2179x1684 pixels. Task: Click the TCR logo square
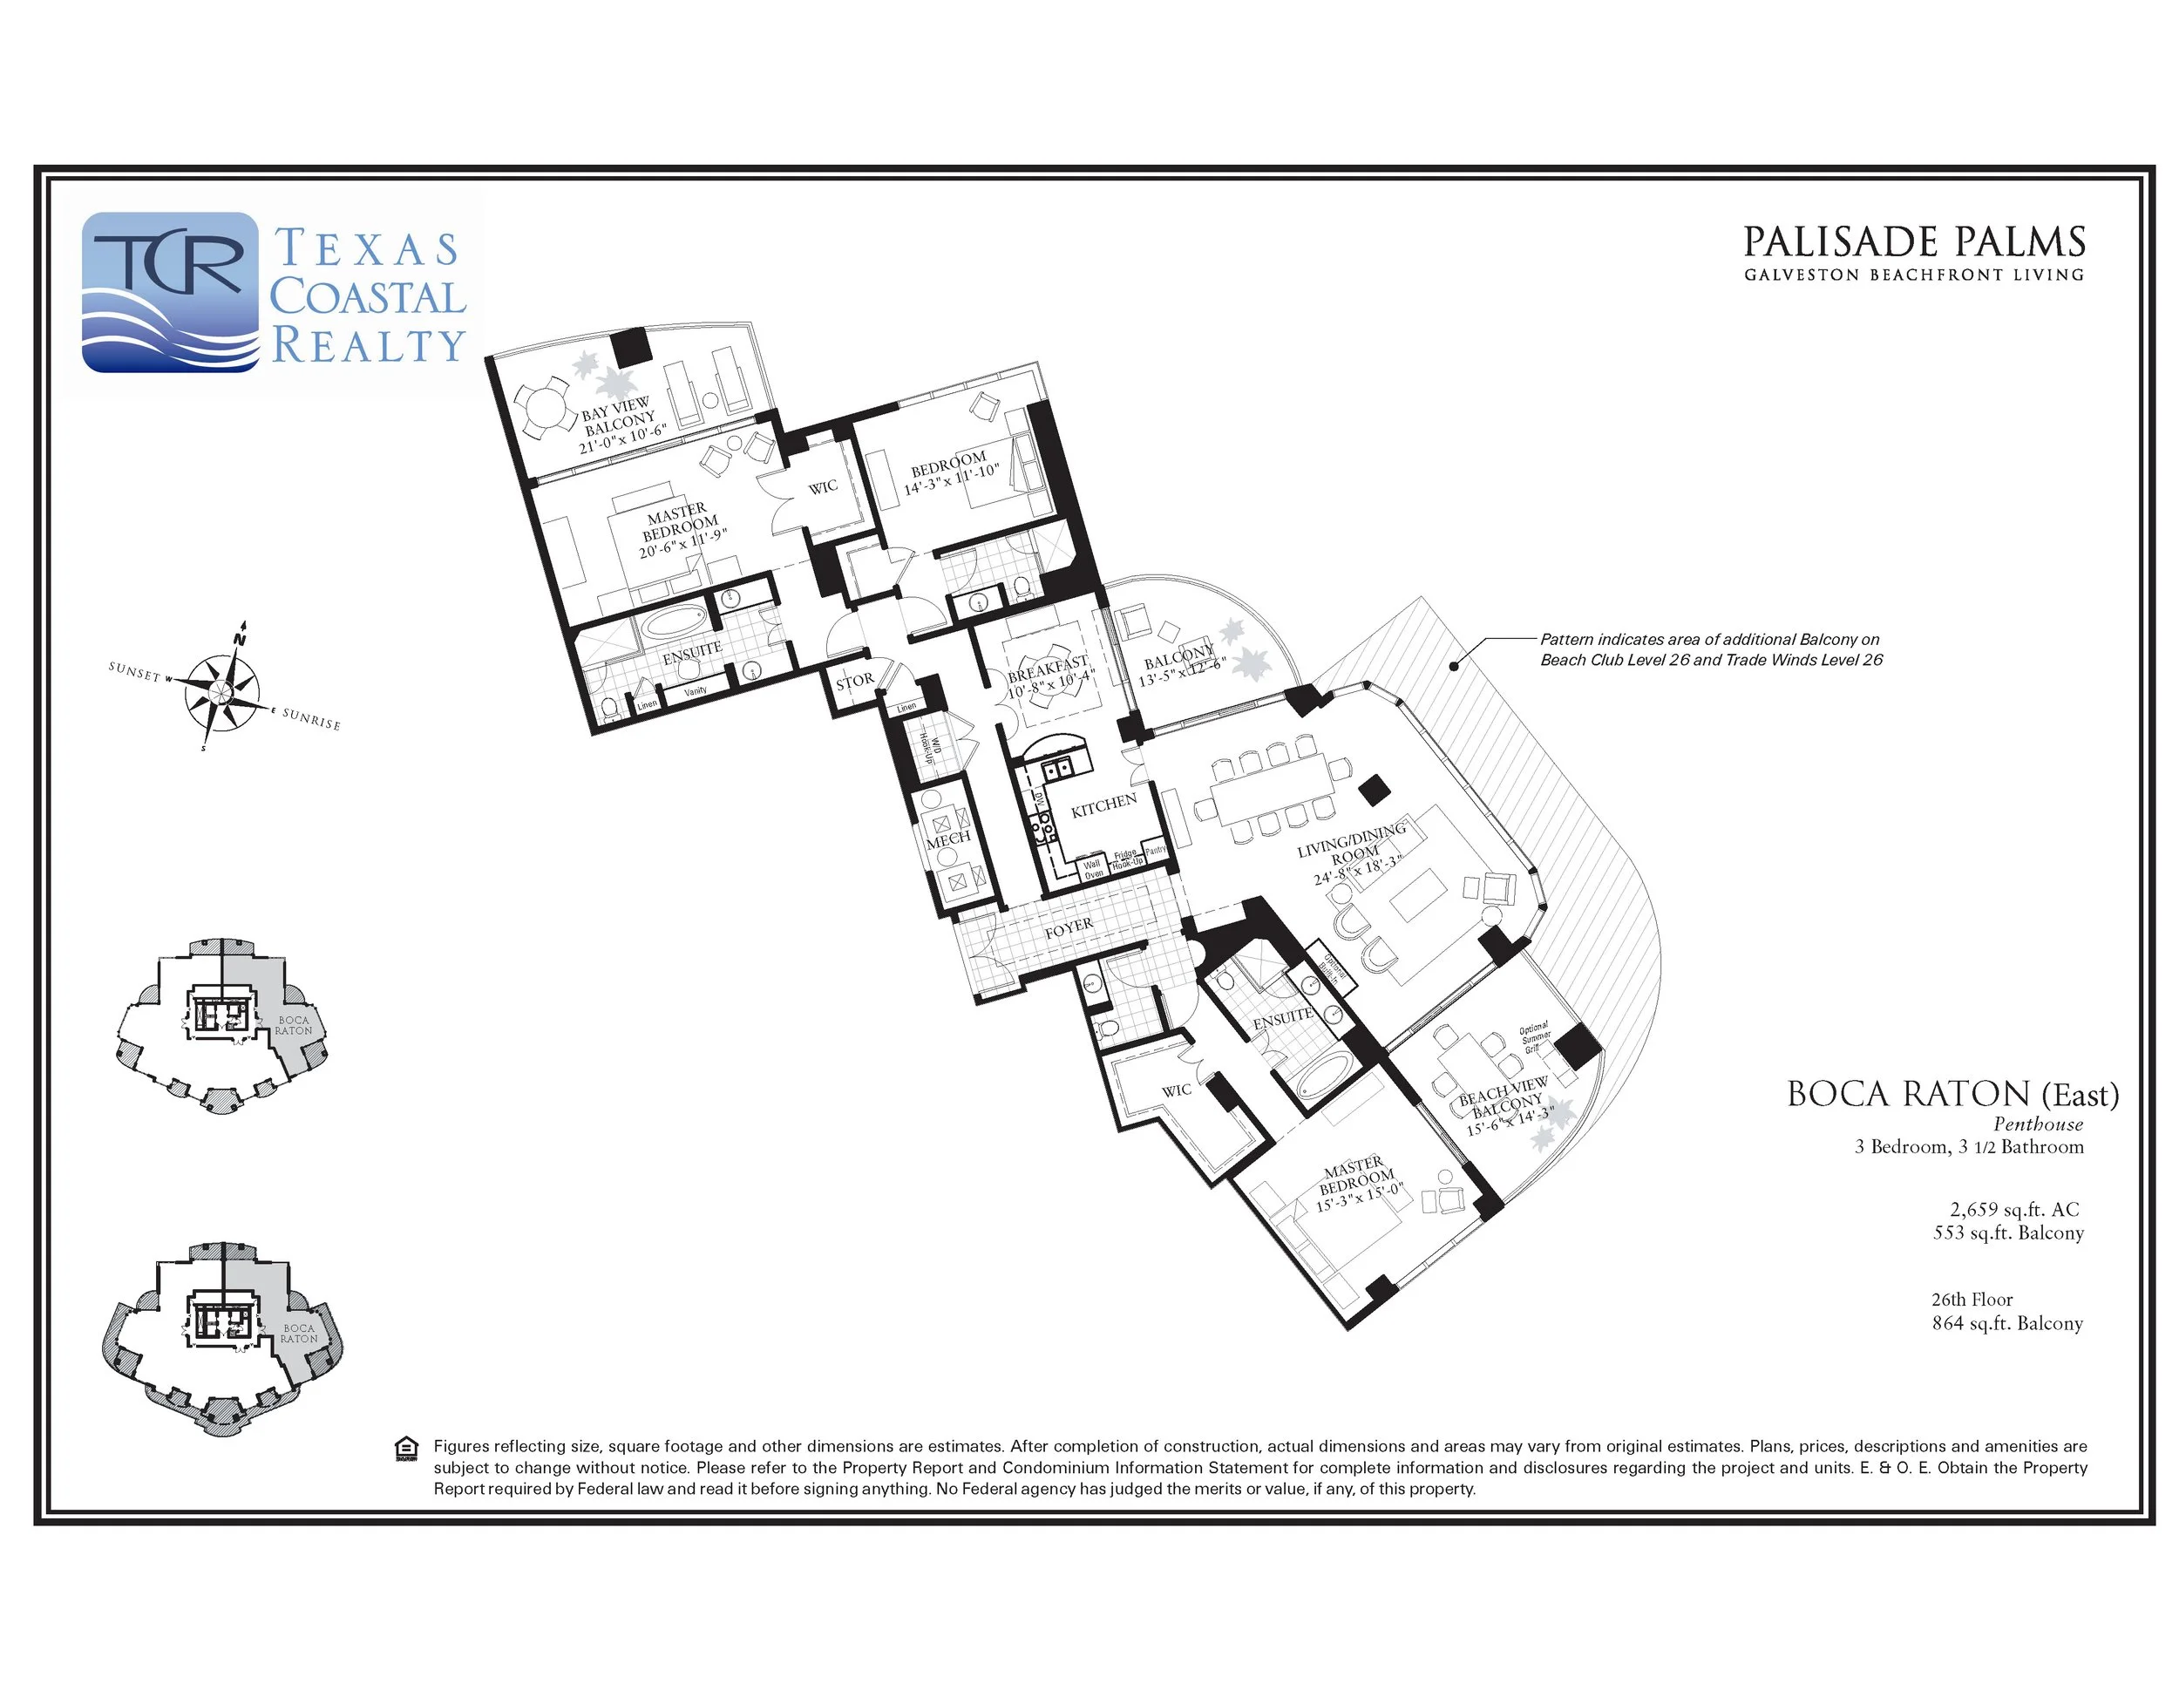(x=171, y=291)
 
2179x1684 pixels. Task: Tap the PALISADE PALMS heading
(x=1914, y=242)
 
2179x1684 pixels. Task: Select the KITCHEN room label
(x=1103, y=806)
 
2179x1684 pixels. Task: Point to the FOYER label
(x=1069, y=927)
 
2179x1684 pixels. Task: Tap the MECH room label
(x=947, y=839)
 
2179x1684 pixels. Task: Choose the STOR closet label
(x=855, y=682)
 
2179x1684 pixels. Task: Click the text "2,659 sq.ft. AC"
(x=2014, y=1209)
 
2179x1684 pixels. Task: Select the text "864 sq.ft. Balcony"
(x=2006, y=1323)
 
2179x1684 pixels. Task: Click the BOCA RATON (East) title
(x=1952, y=1095)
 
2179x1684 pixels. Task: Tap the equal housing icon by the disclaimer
(x=407, y=1450)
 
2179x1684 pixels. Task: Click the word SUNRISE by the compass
(x=310, y=719)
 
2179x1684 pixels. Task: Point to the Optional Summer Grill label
(x=1535, y=1037)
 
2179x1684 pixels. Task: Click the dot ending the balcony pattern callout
(x=1455, y=665)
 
